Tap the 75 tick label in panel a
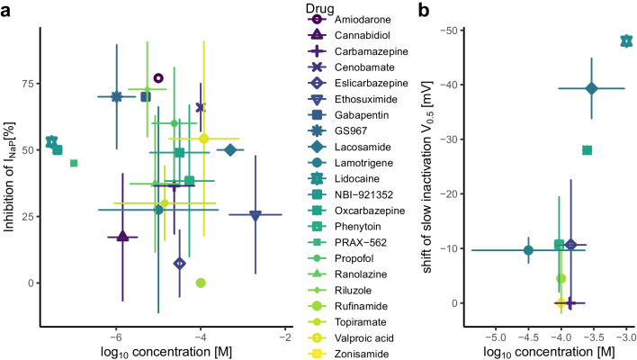pos(31,83)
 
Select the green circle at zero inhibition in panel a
pos(201,283)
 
